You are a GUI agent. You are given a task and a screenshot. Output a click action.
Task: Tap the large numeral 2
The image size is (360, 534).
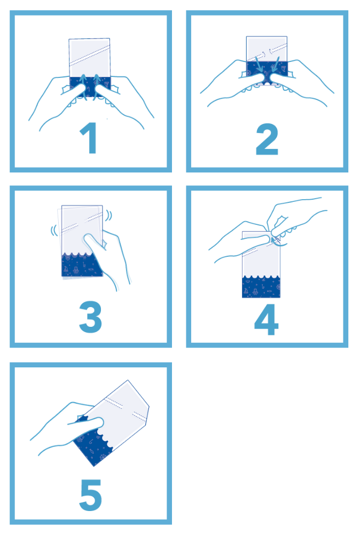pyautogui.click(x=267, y=139)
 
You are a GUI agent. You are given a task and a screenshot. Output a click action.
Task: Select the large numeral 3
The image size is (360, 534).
pyautogui.click(x=90, y=317)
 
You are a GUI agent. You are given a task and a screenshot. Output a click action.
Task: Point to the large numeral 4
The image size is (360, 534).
pyautogui.click(x=267, y=319)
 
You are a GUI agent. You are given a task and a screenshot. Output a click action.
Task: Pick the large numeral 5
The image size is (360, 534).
pyautogui.click(x=91, y=495)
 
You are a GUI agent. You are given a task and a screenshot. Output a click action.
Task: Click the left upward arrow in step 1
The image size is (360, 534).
pyautogui.click(x=83, y=87)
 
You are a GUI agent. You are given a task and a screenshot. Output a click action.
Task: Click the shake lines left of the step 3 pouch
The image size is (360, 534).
pyautogui.click(x=54, y=231)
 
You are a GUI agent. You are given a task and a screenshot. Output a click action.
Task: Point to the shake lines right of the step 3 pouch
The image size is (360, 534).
pyautogui.click(x=108, y=216)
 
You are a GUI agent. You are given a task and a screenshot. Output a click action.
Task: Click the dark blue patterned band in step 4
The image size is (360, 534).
pyautogui.click(x=261, y=286)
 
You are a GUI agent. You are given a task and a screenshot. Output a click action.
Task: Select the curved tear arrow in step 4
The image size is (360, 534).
pyautogui.click(x=276, y=241)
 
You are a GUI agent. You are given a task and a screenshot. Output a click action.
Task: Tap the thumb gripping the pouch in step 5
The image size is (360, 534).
pyautogui.click(x=87, y=422)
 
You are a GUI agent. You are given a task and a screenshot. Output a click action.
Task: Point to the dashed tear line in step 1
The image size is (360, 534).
pyautogui.click(x=90, y=55)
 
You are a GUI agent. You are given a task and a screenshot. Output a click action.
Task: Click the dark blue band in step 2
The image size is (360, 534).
pyautogui.click(x=267, y=69)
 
